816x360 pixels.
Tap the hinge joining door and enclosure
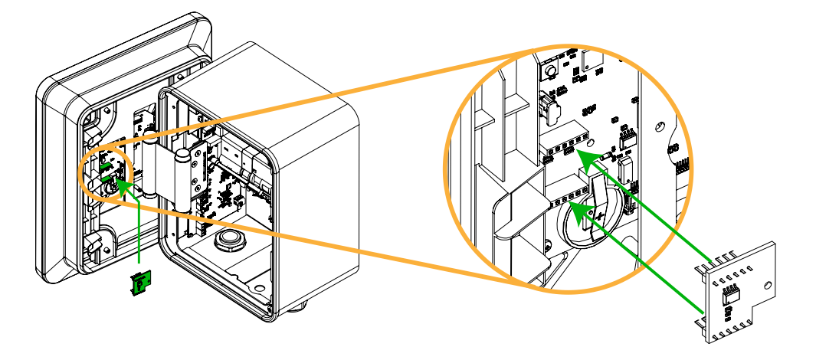181,178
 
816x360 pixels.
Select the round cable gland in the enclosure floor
229,240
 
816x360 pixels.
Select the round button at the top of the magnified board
549,72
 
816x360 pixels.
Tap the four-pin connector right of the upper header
628,138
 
